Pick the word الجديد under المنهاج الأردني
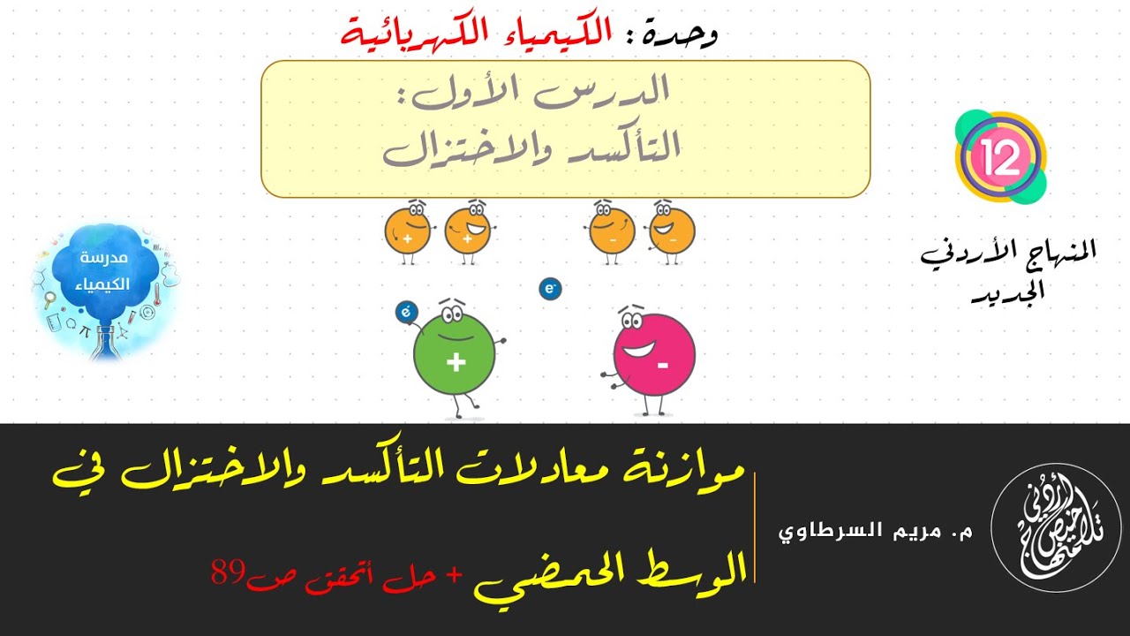click(1008, 293)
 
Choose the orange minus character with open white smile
click(672, 231)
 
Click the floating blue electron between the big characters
click(551, 288)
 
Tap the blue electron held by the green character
click(407, 311)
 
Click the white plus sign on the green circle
click(456, 362)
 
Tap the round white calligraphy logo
click(1055, 529)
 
